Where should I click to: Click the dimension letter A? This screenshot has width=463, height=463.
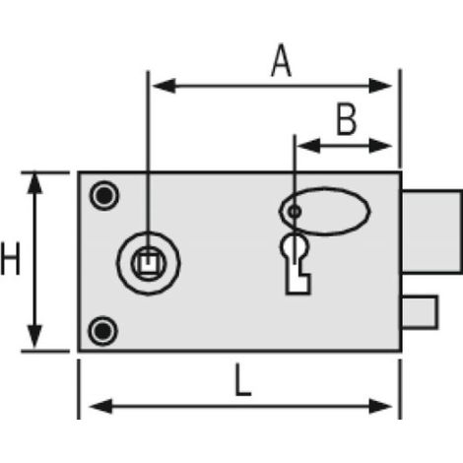click(282, 62)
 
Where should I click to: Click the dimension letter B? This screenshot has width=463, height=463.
click(347, 119)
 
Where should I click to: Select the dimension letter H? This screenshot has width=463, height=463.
click(11, 258)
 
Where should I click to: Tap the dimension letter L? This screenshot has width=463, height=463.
click(243, 380)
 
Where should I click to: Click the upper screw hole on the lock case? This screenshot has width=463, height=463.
click(104, 195)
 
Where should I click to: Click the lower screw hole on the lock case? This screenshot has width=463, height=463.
click(102, 331)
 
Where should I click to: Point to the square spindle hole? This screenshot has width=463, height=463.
click(149, 263)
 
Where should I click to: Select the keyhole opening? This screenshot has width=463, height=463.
click(296, 264)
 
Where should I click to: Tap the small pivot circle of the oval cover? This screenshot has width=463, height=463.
click(295, 211)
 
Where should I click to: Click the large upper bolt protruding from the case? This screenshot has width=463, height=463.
click(431, 231)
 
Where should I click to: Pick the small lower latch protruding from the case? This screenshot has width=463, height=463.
click(420, 312)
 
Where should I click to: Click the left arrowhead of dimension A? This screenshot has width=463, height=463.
click(164, 86)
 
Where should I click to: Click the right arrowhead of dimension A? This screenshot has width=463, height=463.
click(380, 86)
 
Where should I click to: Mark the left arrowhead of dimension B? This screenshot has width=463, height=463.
click(308, 146)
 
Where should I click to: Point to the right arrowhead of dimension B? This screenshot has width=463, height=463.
click(380, 146)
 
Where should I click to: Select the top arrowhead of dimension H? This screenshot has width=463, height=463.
click(34, 183)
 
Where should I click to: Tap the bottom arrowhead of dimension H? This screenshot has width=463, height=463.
click(34, 337)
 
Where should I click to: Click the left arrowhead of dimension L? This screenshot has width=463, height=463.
click(100, 407)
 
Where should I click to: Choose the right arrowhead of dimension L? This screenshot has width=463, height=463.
click(380, 407)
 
